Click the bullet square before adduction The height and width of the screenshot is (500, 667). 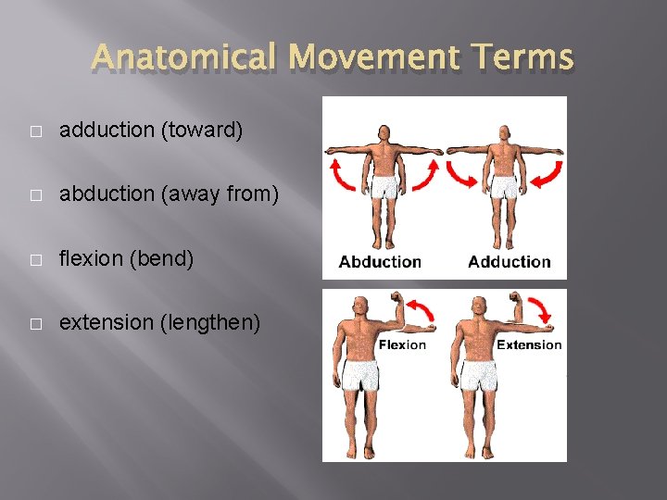34,131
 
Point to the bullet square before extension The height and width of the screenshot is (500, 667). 34,324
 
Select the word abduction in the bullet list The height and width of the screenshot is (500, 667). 107,194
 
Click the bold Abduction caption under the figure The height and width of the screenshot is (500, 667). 380,262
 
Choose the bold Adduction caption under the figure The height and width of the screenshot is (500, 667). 509,262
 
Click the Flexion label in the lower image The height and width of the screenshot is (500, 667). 402,344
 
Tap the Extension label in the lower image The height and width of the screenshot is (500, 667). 529,344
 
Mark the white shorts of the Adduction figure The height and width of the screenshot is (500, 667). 504,188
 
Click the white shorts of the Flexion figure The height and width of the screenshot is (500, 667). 361,376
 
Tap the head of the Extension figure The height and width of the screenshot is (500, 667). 480,306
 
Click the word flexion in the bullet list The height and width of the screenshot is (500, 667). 93,258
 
